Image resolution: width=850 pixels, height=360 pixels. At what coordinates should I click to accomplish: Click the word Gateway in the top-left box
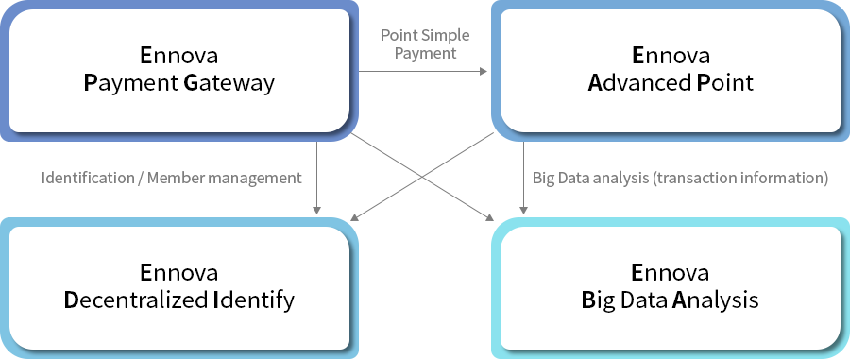(229, 83)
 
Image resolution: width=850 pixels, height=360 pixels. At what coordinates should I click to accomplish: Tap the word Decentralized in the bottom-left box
(135, 300)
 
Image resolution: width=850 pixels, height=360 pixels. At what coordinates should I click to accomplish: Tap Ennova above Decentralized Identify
(178, 273)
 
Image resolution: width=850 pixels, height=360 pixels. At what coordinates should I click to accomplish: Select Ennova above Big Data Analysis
(670, 273)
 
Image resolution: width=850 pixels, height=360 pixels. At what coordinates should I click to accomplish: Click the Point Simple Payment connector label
(424, 44)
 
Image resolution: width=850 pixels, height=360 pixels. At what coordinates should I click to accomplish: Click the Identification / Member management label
(171, 178)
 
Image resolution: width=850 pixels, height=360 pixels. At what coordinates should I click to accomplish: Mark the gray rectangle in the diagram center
(421, 177)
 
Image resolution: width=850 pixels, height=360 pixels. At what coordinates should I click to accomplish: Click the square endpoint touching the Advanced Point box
(484, 71)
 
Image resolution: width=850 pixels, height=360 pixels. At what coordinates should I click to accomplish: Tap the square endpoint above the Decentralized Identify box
(316, 211)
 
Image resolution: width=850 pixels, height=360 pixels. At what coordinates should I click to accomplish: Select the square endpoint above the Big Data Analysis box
(524, 211)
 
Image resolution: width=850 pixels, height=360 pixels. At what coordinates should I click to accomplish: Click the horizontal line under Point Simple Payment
(420, 71)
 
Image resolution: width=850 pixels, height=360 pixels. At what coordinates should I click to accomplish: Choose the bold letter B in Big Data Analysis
(587, 300)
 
